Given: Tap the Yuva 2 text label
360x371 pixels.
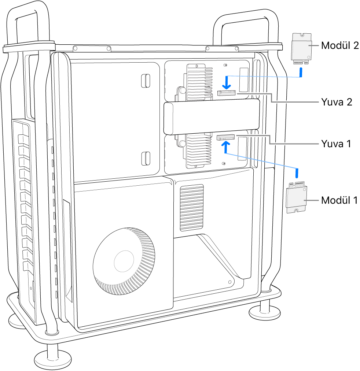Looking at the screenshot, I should pyautogui.click(x=336, y=102).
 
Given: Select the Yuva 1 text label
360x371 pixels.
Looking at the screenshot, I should pyautogui.click(x=336, y=144).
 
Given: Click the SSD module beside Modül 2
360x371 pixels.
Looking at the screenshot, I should pyautogui.click(x=301, y=48).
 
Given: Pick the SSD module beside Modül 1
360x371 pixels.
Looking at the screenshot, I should pyautogui.click(x=297, y=198).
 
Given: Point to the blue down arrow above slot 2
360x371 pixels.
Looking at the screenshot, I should pyautogui.click(x=227, y=83).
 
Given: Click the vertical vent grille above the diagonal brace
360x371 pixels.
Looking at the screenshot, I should pyautogui.click(x=191, y=207).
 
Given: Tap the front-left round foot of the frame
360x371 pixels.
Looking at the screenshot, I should pyautogui.click(x=48, y=356).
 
